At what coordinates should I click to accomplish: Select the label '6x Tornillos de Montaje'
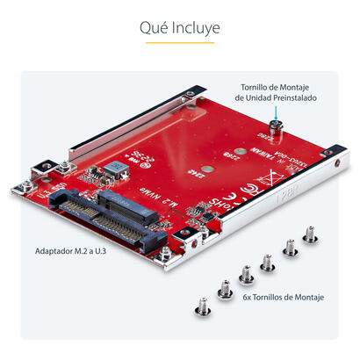[x=283, y=298]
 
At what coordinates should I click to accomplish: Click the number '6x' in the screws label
[x=248, y=298]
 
